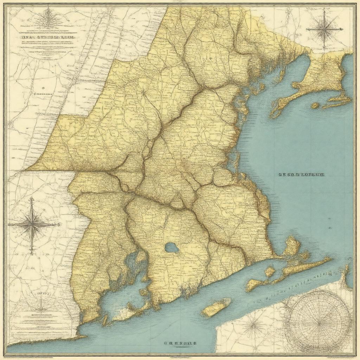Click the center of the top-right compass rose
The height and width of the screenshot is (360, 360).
[323, 30]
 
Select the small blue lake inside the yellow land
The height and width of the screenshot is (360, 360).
[172, 248]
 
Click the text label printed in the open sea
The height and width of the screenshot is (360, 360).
[301, 174]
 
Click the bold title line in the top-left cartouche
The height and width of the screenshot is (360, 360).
[49, 37]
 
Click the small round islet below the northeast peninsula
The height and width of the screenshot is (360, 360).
[315, 105]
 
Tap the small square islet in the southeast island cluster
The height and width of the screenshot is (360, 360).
[269, 272]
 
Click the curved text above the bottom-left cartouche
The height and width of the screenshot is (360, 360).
[41, 292]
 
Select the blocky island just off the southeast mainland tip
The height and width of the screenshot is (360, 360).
[292, 246]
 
